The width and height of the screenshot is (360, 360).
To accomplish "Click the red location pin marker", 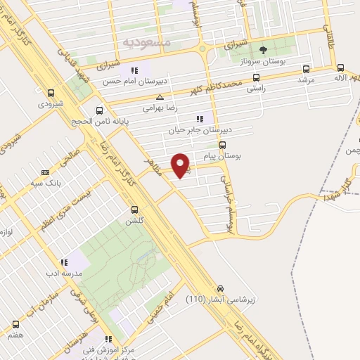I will pos(182,165).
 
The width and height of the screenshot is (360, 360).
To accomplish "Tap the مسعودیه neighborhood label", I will pos(147,42).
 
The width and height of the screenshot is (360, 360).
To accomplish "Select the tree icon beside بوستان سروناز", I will pos(263,49).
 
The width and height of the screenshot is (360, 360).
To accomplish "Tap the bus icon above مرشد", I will pos(305,69).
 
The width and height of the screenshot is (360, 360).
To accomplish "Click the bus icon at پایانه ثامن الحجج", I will pos(99,110).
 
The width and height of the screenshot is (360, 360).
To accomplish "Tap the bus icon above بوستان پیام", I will pos(222,145).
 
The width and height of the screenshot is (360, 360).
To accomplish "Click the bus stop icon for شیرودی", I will pos(50,92).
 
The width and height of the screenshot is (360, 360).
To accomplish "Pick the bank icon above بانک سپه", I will pos(46,172).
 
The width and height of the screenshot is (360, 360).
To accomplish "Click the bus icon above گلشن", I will pos(134,209).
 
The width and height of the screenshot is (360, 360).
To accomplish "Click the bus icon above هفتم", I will pos(15,324).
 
